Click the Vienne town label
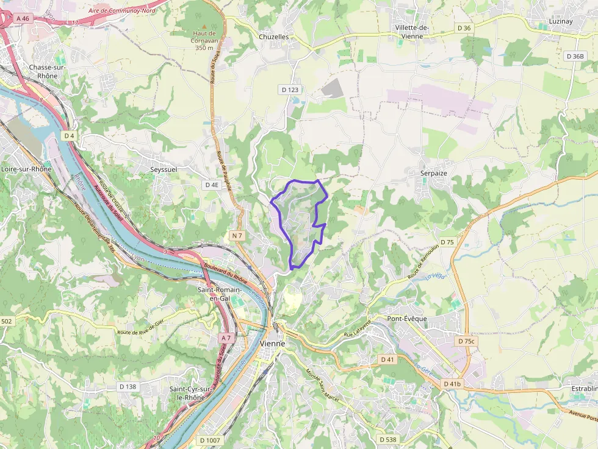tap(272, 344)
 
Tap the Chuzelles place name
tap(273, 37)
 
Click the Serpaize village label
tap(433, 173)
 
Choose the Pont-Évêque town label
tap(407, 319)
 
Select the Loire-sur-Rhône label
tap(26, 169)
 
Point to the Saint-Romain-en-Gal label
tap(219, 294)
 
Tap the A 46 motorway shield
tap(23, 18)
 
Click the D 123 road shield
tap(290, 90)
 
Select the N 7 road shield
tap(237, 235)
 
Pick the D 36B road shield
tap(574, 56)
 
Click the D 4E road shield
tap(212, 185)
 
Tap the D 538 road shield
tap(387, 439)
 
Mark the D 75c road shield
tap(466, 341)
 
